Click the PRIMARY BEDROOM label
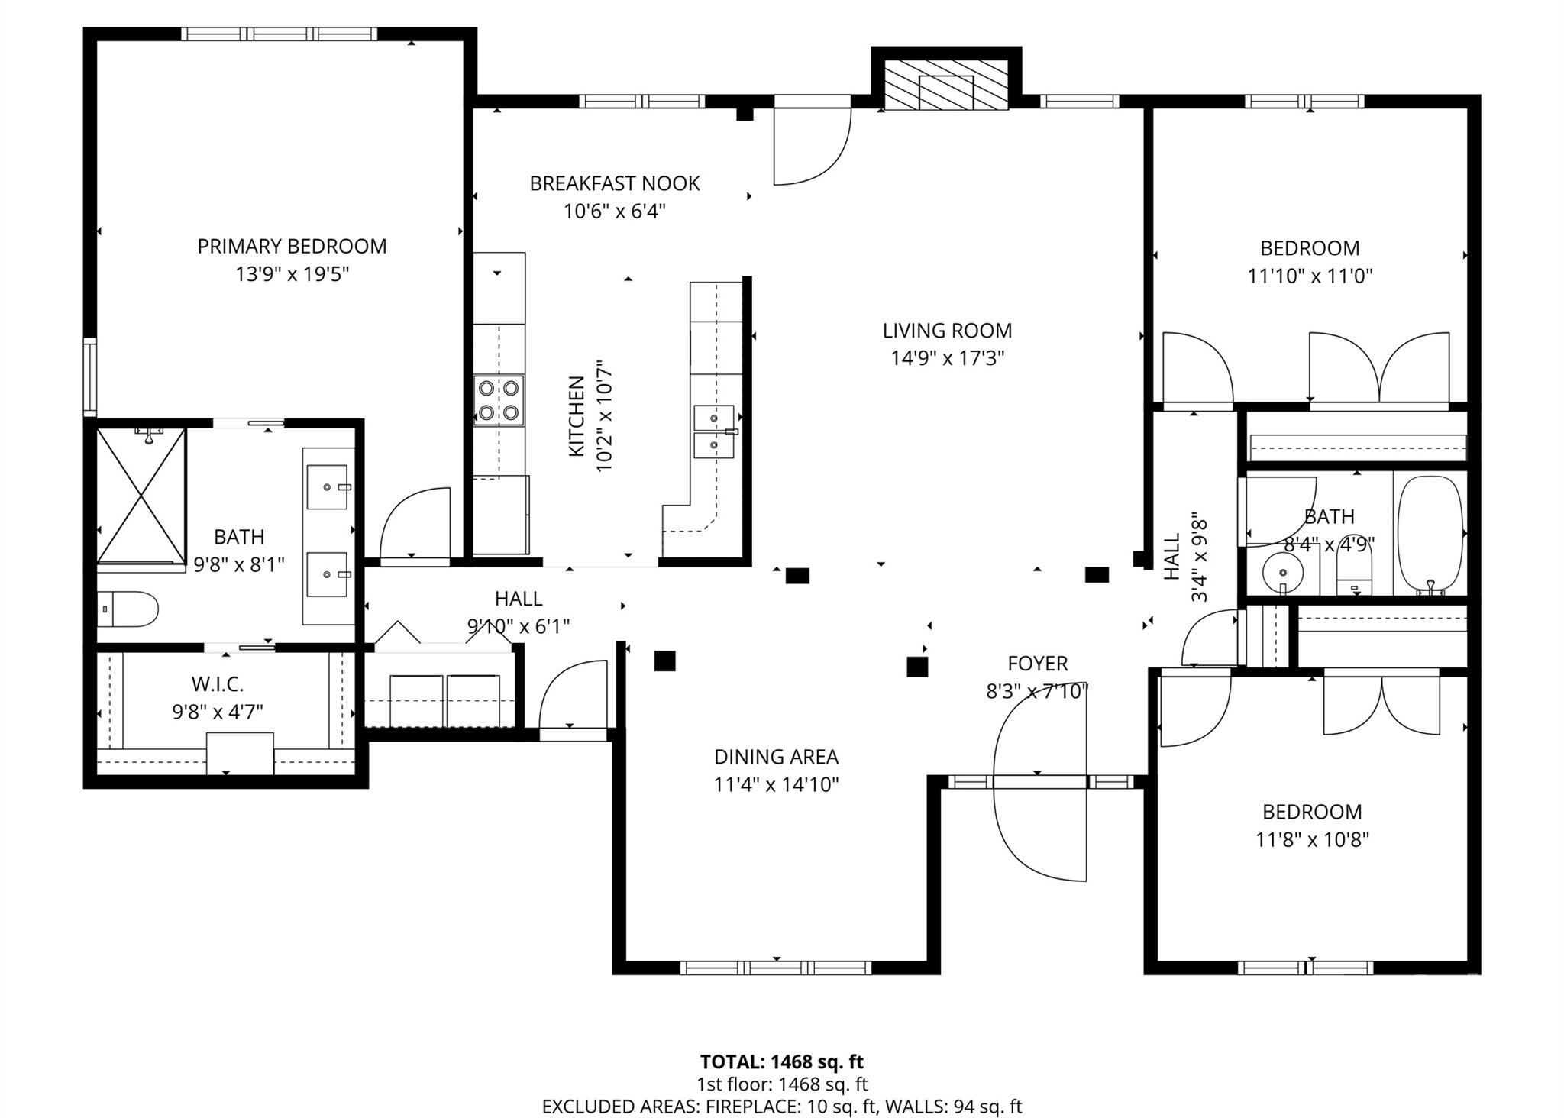pyautogui.click(x=292, y=246)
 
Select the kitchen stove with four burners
pyautogui.click(x=499, y=400)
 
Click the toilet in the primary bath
pyautogui.click(x=128, y=609)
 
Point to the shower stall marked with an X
pyautogui.click(x=141, y=496)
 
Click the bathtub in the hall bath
pyautogui.click(x=1430, y=534)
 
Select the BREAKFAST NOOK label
pyautogui.click(x=615, y=183)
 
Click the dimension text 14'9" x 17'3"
pyautogui.click(x=947, y=358)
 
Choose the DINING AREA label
pyautogui.click(x=776, y=757)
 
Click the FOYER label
pyautogui.click(x=1037, y=664)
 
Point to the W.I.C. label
pyautogui.click(x=218, y=684)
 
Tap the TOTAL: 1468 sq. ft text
pyautogui.click(x=782, y=1061)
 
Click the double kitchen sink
pyautogui.click(x=714, y=431)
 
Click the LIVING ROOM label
pyautogui.click(x=947, y=331)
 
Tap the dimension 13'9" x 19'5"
pyautogui.click(x=292, y=274)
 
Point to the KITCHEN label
pyautogui.click(x=577, y=417)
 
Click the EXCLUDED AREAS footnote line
pyautogui.click(x=782, y=1107)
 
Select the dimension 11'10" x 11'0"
pyautogui.click(x=1310, y=276)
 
